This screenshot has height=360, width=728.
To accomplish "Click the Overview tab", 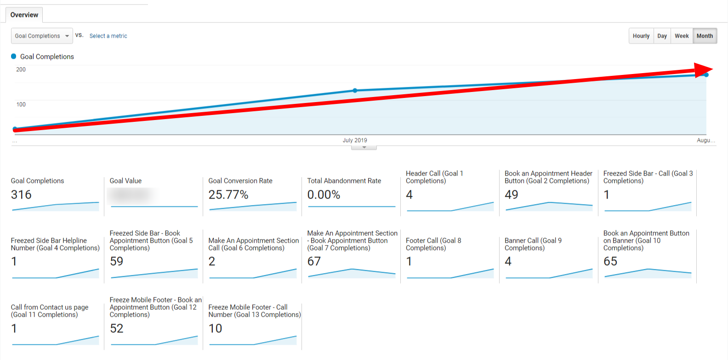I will point(24,15).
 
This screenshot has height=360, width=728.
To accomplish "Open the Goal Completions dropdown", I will point(42,36).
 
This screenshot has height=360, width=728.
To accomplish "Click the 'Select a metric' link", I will point(108,36).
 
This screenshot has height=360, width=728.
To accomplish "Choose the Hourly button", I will point(641,36).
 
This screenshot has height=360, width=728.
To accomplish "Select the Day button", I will point(662,36).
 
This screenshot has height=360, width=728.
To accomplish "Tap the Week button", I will point(682,36).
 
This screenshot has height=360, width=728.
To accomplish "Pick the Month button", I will point(705,36).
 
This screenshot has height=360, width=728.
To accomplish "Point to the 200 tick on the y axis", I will point(21,69).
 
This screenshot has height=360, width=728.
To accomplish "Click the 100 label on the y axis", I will point(21,104).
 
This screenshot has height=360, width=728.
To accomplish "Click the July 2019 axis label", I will point(355,140).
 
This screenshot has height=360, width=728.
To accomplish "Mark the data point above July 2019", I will point(355,91).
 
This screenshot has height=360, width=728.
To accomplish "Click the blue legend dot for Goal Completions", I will point(14,57).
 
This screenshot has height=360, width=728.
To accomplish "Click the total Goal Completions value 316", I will point(21,195).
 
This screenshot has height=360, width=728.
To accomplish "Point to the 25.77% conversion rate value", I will point(228,195).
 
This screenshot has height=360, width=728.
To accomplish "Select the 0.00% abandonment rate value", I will point(324,195).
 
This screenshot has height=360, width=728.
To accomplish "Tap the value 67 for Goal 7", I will point(314,262).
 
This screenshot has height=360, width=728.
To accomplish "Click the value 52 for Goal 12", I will point(117,328).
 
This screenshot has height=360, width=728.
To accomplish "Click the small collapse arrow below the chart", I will point(364,148).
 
